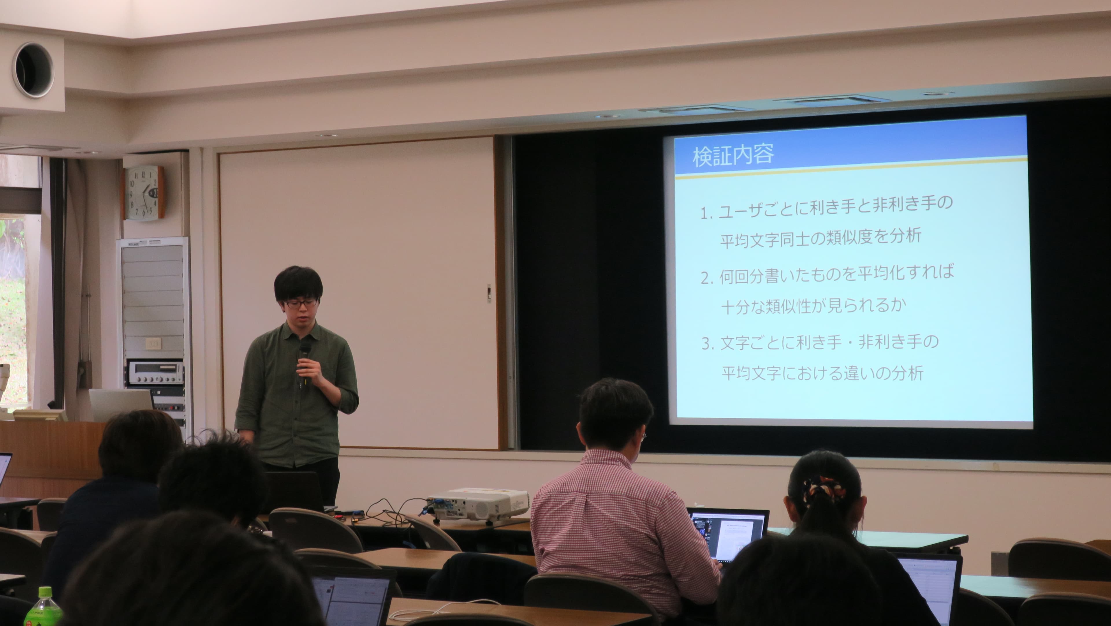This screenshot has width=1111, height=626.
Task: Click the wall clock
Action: click(144, 193)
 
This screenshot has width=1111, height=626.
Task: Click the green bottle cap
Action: click(45, 593)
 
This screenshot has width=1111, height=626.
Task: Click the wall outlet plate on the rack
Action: click(153, 343)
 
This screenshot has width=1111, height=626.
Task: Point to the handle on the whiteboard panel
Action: click(489, 293)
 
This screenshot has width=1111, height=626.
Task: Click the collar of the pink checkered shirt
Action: click(604, 458)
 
